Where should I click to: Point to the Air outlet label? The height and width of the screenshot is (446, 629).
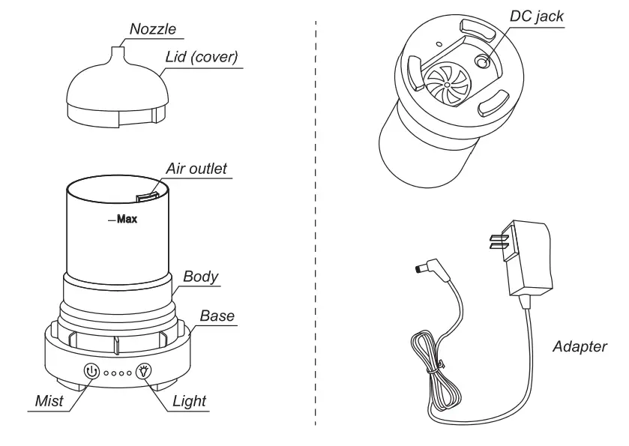(196, 169)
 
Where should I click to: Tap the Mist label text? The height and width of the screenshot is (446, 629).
(49, 401)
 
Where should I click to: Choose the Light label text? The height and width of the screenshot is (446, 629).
(189, 401)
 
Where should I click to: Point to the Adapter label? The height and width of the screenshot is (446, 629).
(579, 347)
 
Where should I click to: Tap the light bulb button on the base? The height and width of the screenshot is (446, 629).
(143, 370)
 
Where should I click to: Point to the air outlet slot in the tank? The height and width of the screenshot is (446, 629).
(145, 196)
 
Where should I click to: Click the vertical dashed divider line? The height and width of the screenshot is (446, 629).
(316, 225)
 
